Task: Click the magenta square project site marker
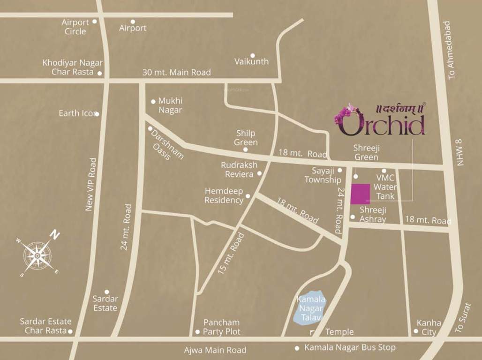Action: [360, 194]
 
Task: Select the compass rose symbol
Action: [37, 256]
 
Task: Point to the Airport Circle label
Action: [75, 27]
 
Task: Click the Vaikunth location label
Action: [251, 61]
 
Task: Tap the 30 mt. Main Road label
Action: [176, 72]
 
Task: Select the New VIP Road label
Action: [92, 184]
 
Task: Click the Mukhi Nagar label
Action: [170, 105]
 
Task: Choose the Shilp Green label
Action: [247, 138]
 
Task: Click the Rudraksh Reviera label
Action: [239, 170]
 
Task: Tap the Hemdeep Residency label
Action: [224, 195]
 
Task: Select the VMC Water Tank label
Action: [386, 187]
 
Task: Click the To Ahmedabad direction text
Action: [451, 50]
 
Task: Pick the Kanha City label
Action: [429, 327]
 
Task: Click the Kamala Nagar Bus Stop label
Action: [350, 348]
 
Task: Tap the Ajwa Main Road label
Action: [215, 350]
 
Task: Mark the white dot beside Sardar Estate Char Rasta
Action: [70, 331]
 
